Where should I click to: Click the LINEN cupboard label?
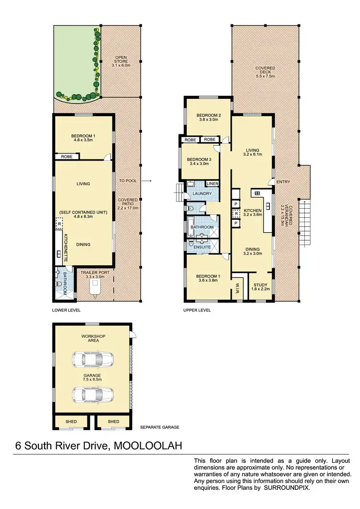tap(212, 184)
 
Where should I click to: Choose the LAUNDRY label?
tap(202, 194)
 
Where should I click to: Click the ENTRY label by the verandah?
tap(282, 181)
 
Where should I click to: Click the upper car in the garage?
tap(93, 358)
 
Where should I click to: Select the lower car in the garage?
tap(93, 394)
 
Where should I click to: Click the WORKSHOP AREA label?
tap(93, 338)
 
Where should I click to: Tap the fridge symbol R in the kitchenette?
tap(59, 224)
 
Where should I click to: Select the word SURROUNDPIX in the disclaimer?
tap(288, 488)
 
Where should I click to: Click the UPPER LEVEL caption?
tap(197, 310)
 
